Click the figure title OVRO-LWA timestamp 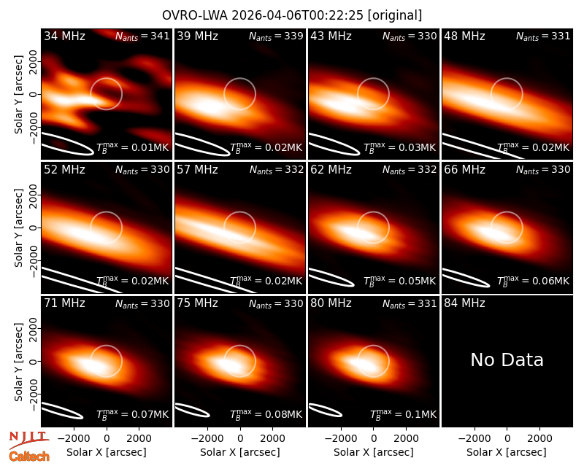coord(292,15)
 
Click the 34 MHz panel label coord(64,36)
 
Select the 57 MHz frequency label coord(197,170)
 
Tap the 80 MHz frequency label coord(331,303)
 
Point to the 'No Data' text coord(507,360)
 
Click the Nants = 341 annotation coord(142,36)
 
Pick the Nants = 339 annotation coord(276,36)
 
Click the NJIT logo coord(29,440)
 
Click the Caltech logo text coord(29,456)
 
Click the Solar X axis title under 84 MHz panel coord(507,452)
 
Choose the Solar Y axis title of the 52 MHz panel coord(19,228)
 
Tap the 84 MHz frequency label coord(464,303)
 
